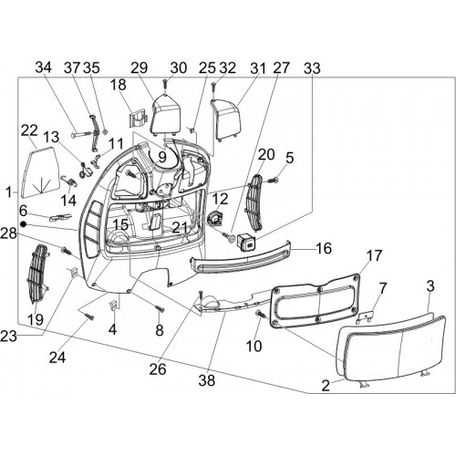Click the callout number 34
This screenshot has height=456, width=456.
pyautogui.click(x=44, y=67)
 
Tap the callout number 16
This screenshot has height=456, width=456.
pyautogui.click(x=324, y=248)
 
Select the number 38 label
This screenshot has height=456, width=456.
pyautogui.click(x=207, y=380)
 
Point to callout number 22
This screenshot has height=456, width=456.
pyautogui.click(x=29, y=130)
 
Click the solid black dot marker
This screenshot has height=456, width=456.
pyautogui.click(x=23, y=224)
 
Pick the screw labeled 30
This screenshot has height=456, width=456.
pyautogui.click(x=164, y=86)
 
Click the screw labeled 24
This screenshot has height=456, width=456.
pyautogui.click(x=88, y=316)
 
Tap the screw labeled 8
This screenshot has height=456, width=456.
pyautogui.click(x=160, y=308)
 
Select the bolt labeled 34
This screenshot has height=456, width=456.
pyautogui.click(x=81, y=134)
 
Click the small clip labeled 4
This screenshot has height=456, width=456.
pyautogui.click(x=113, y=306)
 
